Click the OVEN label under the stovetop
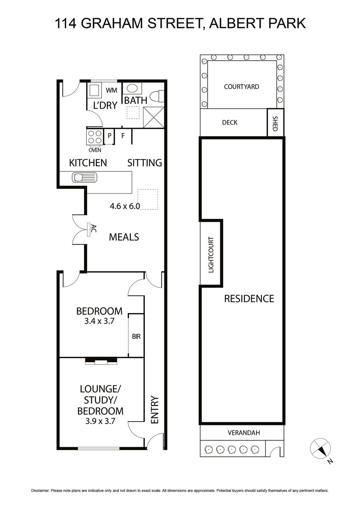click(x=95, y=150)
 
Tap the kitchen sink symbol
click(x=84, y=177)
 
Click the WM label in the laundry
click(x=111, y=90)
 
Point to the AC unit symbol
click(x=88, y=230)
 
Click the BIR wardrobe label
click(x=136, y=336)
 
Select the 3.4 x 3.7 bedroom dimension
click(x=99, y=322)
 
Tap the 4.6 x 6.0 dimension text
click(x=125, y=206)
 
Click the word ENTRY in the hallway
click(x=155, y=410)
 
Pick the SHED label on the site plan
click(x=275, y=123)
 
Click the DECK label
click(x=230, y=123)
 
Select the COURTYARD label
click(x=242, y=87)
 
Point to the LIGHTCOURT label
click(x=211, y=255)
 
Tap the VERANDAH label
click(x=244, y=433)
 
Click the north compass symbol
click(x=320, y=448)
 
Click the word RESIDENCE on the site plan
click(x=249, y=299)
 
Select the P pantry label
click(x=110, y=136)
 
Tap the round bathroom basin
click(x=132, y=88)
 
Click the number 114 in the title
click(x=65, y=23)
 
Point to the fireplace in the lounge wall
click(x=101, y=361)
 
